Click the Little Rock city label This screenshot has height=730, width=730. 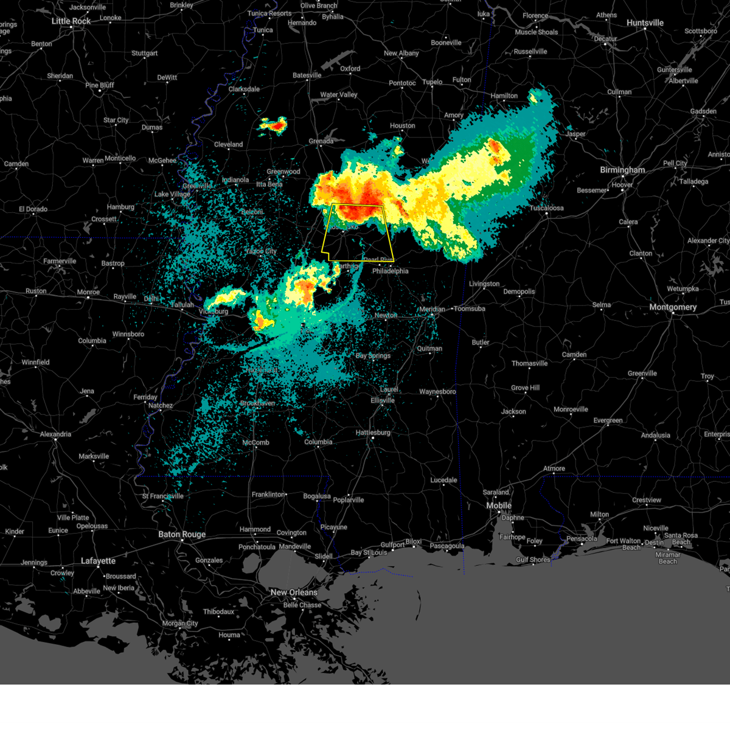[71, 21]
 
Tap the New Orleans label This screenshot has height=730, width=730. [294, 593]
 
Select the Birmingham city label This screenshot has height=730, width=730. [622, 170]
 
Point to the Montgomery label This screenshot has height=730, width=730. [673, 307]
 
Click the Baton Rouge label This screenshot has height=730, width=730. [182, 535]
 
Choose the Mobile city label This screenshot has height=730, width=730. [499, 506]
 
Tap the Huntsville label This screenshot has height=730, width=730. [645, 23]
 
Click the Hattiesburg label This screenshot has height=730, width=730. [373, 433]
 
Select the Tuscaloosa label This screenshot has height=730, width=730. [546, 208]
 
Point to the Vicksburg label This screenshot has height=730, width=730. [214, 311]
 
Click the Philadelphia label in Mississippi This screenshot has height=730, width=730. [391, 271]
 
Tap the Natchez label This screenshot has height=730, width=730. [161, 406]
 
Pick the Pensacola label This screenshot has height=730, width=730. [582, 538]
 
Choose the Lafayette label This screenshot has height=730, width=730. [98, 561]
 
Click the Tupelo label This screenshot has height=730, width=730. [433, 82]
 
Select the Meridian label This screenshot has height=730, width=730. [432, 310]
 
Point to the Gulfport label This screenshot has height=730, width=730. [392, 545]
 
